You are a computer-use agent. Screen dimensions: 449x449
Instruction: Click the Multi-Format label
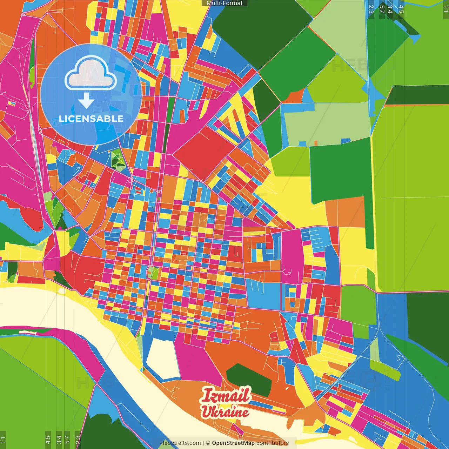pyautogui.click(x=224, y=3)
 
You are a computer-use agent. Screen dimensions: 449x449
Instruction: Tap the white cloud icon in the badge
pyautogui.click(x=91, y=73)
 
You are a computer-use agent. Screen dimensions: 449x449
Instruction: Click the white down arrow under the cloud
pyautogui.click(x=86, y=100)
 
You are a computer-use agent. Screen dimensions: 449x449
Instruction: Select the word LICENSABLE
pyautogui.click(x=91, y=119)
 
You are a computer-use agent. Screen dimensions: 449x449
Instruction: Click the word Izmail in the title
pyautogui.click(x=226, y=395)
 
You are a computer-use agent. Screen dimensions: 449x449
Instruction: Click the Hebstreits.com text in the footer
pyautogui.click(x=180, y=443)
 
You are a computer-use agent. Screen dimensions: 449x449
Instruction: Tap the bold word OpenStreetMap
pyautogui.click(x=233, y=443)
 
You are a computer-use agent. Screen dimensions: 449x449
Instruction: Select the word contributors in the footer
pyautogui.click(x=273, y=443)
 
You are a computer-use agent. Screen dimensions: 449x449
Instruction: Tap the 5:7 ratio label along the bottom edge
pyautogui.click(x=67, y=439)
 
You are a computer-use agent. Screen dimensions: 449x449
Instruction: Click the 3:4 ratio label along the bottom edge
pyautogui.click(x=59, y=439)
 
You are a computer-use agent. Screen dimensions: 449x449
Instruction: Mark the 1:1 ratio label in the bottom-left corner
pyautogui.click(x=3, y=439)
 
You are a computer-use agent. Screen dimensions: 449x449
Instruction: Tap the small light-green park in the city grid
pyautogui.click(x=153, y=273)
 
